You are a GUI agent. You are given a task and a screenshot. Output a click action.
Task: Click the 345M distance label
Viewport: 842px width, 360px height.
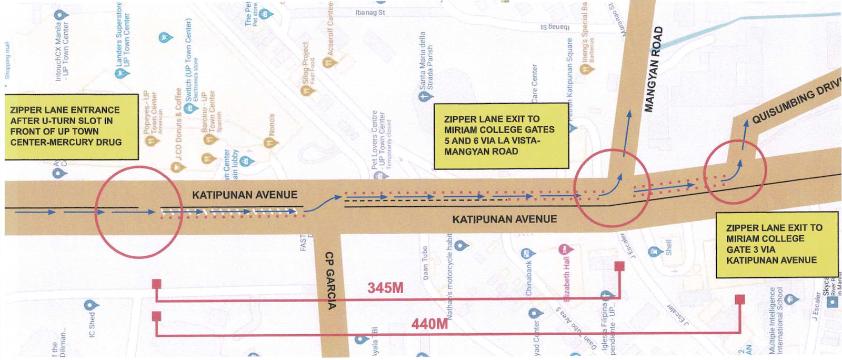coord(385,288)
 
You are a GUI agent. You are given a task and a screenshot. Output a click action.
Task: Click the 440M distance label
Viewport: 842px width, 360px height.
coord(429,324)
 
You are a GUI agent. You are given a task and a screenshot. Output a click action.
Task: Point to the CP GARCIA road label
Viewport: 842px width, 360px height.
coord(330,281)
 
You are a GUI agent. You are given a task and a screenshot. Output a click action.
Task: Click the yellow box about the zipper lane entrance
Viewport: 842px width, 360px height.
coord(71,126)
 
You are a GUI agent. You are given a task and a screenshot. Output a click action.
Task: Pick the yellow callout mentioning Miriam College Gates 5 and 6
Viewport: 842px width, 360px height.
coord(501,135)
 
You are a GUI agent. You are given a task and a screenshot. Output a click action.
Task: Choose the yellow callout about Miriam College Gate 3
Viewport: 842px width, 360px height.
coord(776,244)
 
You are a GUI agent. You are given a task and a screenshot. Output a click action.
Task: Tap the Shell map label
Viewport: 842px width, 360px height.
coord(668,247)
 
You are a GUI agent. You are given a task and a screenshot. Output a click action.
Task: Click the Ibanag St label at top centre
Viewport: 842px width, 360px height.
coord(370,12)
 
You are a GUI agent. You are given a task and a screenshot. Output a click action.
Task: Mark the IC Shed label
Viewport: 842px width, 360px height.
coord(92,323)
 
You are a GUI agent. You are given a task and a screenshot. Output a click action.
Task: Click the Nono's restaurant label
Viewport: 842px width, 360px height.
coord(272,125)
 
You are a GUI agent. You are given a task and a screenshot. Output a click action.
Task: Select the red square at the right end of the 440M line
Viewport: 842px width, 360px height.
coord(740,300)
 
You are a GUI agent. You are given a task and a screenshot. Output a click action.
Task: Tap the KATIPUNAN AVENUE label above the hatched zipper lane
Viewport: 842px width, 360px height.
coord(244,195)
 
